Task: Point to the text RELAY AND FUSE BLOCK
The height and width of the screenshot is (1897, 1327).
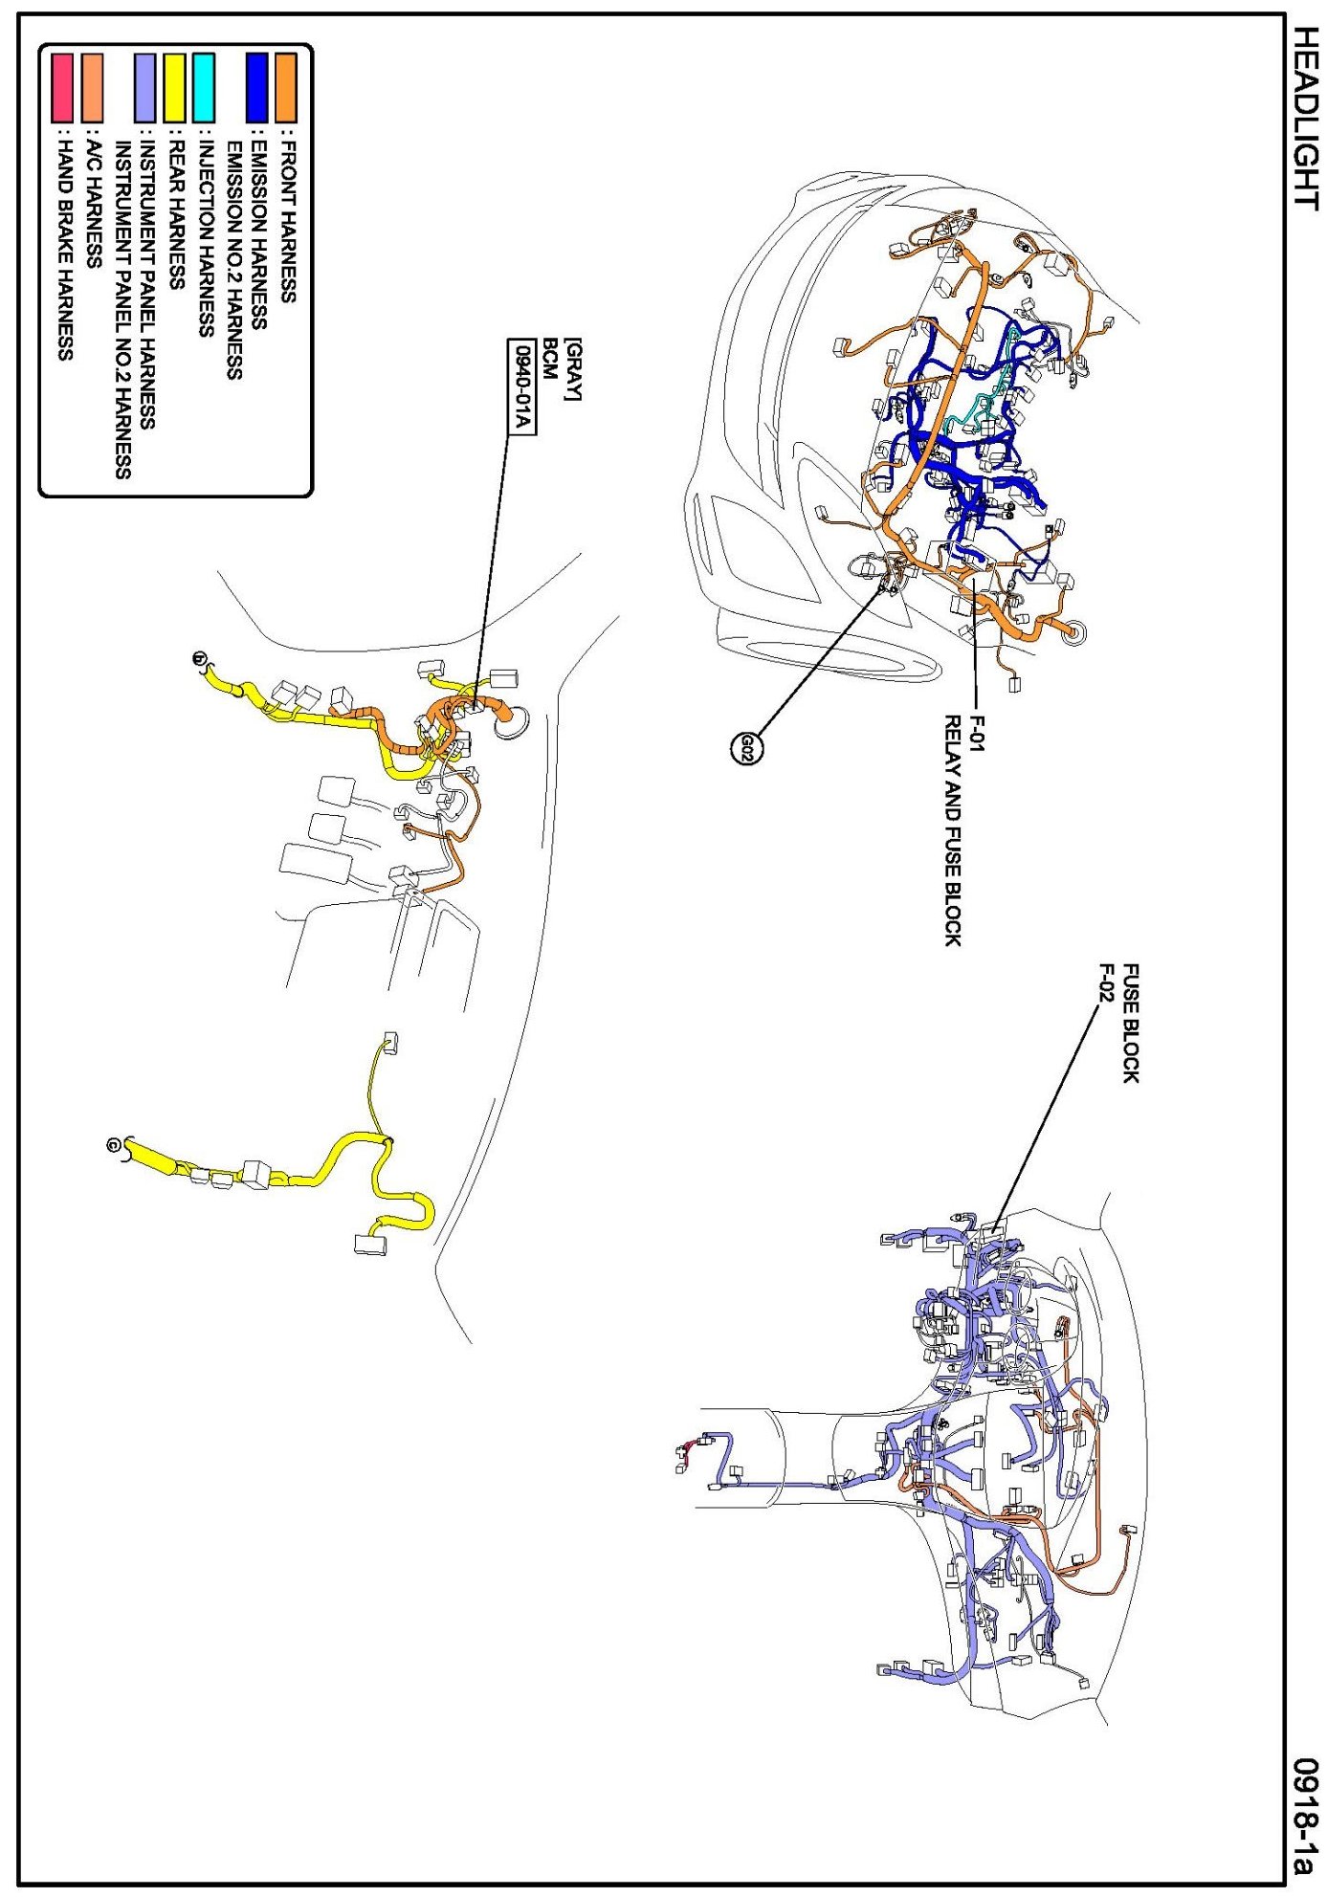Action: (953, 829)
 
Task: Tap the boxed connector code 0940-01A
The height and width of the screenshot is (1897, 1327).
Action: (521, 387)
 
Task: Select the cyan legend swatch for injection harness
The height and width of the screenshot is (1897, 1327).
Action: (203, 86)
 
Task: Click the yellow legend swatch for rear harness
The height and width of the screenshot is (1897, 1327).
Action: (174, 86)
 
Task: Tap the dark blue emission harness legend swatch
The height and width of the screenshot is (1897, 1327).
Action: (256, 86)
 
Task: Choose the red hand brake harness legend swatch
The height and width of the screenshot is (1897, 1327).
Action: (63, 86)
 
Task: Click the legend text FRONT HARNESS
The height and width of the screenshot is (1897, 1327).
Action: (286, 222)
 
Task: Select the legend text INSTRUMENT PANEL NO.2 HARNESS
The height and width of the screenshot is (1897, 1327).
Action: (122, 310)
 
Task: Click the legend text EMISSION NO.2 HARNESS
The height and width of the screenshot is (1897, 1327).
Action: (233, 260)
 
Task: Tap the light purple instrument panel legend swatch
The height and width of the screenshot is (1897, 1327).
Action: (145, 86)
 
